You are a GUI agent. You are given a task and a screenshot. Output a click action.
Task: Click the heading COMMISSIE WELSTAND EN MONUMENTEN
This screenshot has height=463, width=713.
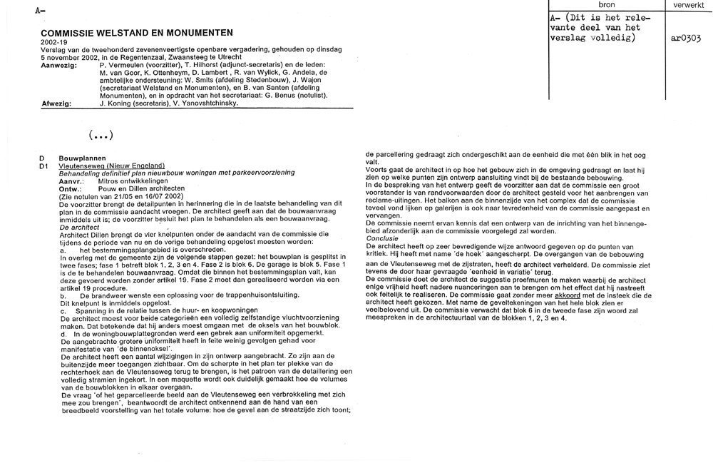tap(138, 34)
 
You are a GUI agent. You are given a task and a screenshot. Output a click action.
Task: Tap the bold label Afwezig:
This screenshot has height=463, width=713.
tap(56, 103)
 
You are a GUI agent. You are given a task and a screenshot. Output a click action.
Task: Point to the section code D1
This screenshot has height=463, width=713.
tap(44, 165)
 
